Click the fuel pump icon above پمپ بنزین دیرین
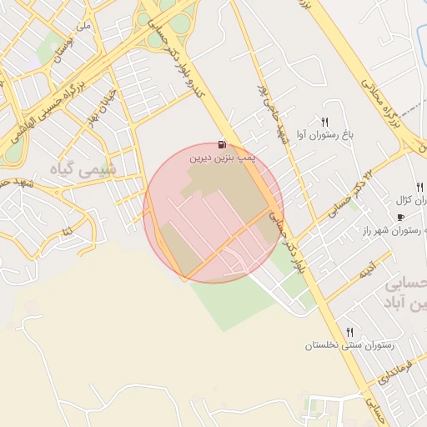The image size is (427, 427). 222,143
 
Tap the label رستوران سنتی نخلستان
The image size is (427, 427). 349,344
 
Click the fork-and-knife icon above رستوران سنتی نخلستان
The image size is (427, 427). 349,332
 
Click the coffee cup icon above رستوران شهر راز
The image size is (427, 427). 400,217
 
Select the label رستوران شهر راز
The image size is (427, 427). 394,230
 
